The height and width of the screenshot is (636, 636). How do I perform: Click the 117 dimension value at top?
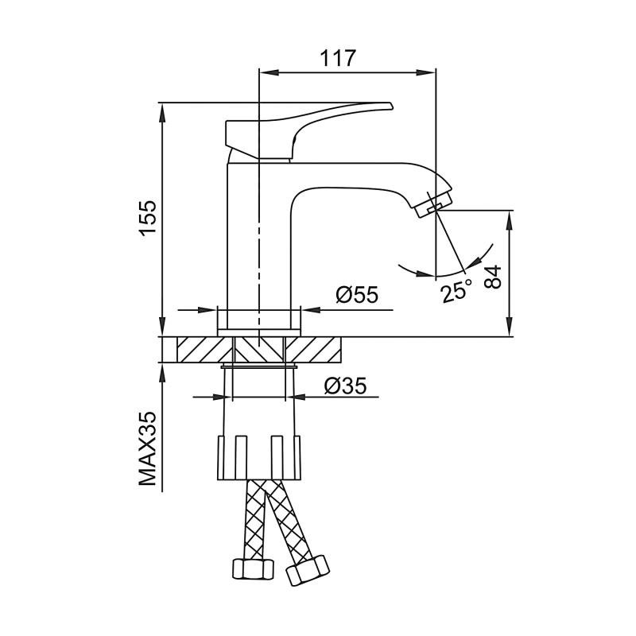click(338, 58)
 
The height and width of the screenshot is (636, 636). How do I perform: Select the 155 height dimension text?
click(148, 217)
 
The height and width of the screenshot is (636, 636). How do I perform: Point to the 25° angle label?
click(456, 292)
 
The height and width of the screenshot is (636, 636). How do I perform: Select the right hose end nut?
click(308, 569)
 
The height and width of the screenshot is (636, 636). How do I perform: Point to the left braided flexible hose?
click(256, 517)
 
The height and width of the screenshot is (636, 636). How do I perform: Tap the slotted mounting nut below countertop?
click(259, 456)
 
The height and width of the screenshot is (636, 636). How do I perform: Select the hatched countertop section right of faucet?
click(313, 349)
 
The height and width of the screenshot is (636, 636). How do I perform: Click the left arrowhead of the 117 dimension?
click(266, 72)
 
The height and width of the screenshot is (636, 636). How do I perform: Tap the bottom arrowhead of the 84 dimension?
click(510, 331)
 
